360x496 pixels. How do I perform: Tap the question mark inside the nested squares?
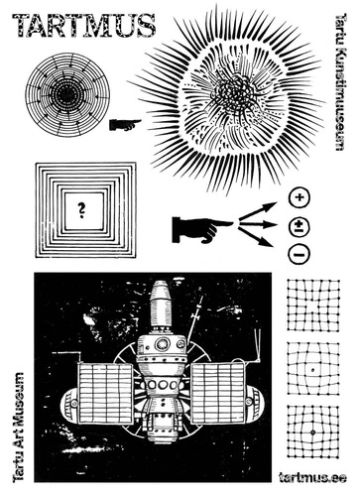80,208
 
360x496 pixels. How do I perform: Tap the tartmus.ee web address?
312,479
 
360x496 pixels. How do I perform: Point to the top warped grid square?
312,308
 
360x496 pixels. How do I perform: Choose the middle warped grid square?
312,371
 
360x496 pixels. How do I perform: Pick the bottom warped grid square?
312,434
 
